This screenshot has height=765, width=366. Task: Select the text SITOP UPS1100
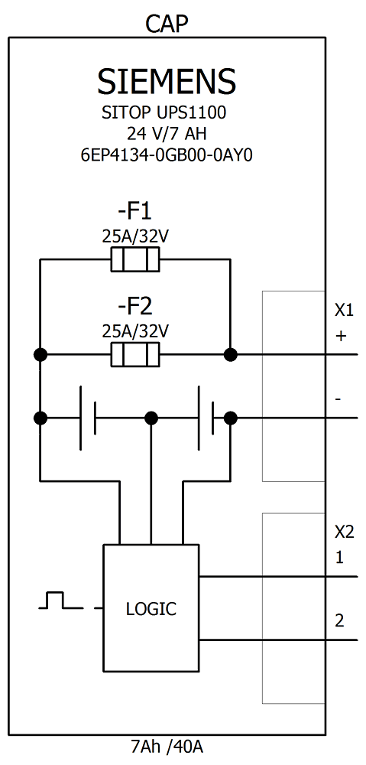click(x=164, y=113)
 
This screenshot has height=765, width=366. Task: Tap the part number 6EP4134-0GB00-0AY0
click(x=167, y=155)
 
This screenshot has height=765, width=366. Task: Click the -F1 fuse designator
click(x=134, y=210)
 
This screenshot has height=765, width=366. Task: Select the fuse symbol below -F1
click(x=134, y=260)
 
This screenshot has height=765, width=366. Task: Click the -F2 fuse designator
click(x=134, y=307)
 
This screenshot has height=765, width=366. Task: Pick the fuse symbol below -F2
click(x=134, y=355)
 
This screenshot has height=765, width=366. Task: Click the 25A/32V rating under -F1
click(x=134, y=236)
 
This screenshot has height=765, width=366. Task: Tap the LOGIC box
click(x=151, y=609)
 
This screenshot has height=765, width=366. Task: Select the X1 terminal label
click(x=344, y=311)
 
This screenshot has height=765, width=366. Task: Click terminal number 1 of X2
click(x=339, y=558)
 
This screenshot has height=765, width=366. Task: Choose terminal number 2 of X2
click(x=339, y=620)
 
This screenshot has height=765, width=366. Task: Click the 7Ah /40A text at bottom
click(x=167, y=747)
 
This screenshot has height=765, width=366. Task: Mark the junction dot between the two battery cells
click(x=151, y=418)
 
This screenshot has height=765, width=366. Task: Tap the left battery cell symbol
click(x=87, y=418)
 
